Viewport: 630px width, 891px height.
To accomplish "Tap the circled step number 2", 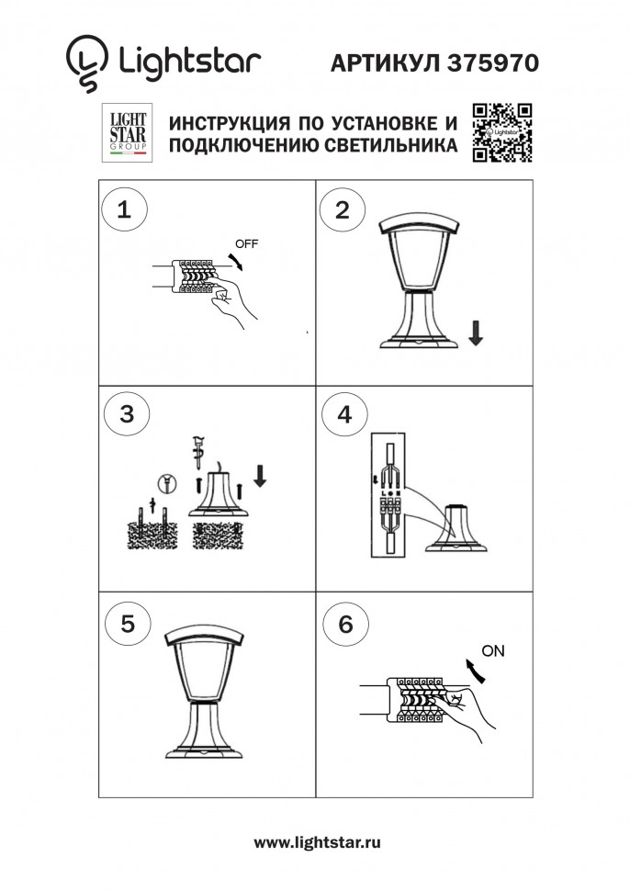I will (342, 209).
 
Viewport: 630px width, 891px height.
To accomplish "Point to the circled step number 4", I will (343, 414).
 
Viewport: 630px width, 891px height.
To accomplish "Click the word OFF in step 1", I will (247, 244).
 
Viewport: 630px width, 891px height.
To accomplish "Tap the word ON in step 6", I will (493, 651).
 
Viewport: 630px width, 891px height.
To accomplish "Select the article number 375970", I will (492, 62).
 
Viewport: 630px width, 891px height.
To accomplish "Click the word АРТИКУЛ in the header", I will (387, 62).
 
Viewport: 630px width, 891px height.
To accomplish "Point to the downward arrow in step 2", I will (475, 332).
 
